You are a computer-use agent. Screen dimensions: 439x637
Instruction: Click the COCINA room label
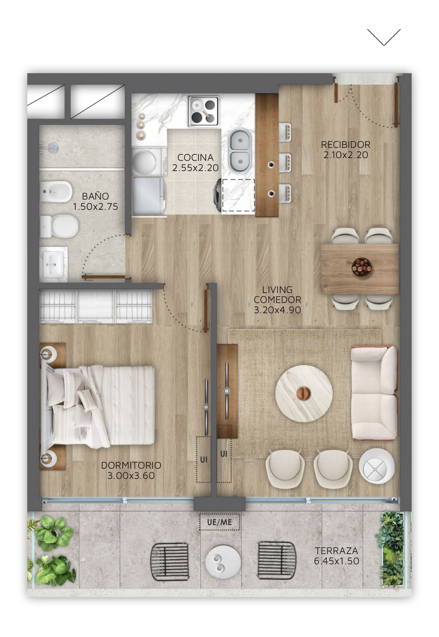195,157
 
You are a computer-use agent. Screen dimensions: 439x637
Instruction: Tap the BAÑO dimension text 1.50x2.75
96,207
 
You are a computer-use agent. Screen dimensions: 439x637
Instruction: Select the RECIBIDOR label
345,144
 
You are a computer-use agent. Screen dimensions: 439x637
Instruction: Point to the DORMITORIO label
131,465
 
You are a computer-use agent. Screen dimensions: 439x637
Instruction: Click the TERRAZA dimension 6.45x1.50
337,561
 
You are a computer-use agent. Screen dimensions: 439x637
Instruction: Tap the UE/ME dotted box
220,522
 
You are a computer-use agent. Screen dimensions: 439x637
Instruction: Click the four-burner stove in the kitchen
203,111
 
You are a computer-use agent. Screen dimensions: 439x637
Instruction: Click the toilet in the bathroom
59,226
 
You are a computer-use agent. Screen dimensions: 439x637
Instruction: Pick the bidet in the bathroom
56,192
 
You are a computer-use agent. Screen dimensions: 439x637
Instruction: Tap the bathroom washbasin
53,264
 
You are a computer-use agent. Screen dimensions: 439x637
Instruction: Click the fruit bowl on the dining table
362,267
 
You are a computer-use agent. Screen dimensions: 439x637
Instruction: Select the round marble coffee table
304,394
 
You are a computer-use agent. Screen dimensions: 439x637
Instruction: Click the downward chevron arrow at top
384,37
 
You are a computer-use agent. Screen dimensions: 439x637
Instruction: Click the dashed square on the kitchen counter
238,195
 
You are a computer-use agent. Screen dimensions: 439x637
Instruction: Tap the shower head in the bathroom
52,147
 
